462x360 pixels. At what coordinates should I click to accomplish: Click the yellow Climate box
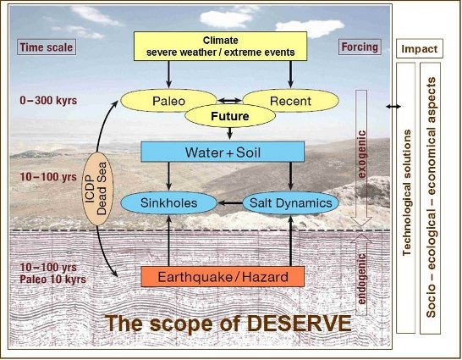(x=220, y=47)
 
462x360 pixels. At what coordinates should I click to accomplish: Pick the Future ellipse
(x=230, y=116)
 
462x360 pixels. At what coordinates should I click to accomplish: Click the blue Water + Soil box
(x=223, y=152)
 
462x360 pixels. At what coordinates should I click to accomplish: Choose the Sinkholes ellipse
(x=168, y=202)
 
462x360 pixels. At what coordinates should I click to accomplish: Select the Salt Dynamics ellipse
(x=290, y=202)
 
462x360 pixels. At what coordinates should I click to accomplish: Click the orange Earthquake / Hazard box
(x=223, y=276)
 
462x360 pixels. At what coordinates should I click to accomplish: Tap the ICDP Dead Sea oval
(x=97, y=189)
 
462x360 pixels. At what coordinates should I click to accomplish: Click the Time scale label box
(x=47, y=47)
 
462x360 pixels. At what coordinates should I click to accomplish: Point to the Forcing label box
(x=360, y=47)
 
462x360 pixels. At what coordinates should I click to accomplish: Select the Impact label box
(x=420, y=48)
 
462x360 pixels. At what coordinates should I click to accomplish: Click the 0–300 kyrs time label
(x=48, y=101)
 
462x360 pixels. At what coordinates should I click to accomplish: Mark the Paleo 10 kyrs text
(x=52, y=280)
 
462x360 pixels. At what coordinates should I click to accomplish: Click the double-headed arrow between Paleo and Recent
(x=229, y=101)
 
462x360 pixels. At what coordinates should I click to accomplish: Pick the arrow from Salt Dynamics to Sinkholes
(x=230, y=202)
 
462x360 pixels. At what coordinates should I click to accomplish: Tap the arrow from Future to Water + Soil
(x=230, y=134)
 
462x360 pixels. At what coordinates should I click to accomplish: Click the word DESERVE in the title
(x=299, y=324)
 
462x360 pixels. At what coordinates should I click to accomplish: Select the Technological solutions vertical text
(x=407, y=192)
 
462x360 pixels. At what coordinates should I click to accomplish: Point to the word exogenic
(x=362, y=154)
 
